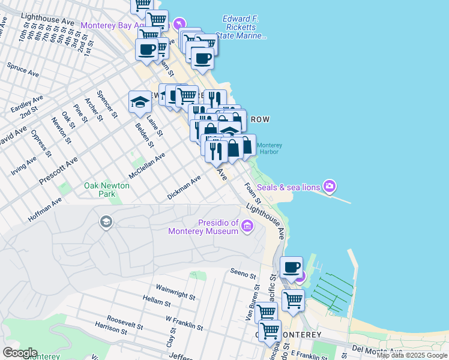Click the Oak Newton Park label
coord(107,190)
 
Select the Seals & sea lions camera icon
coord(329,187)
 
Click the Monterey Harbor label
coord(270,148)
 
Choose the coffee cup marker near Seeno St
coord(292,267)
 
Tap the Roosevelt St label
coord(125,322)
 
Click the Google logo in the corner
coord(20,353)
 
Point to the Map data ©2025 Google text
coord(412,356)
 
